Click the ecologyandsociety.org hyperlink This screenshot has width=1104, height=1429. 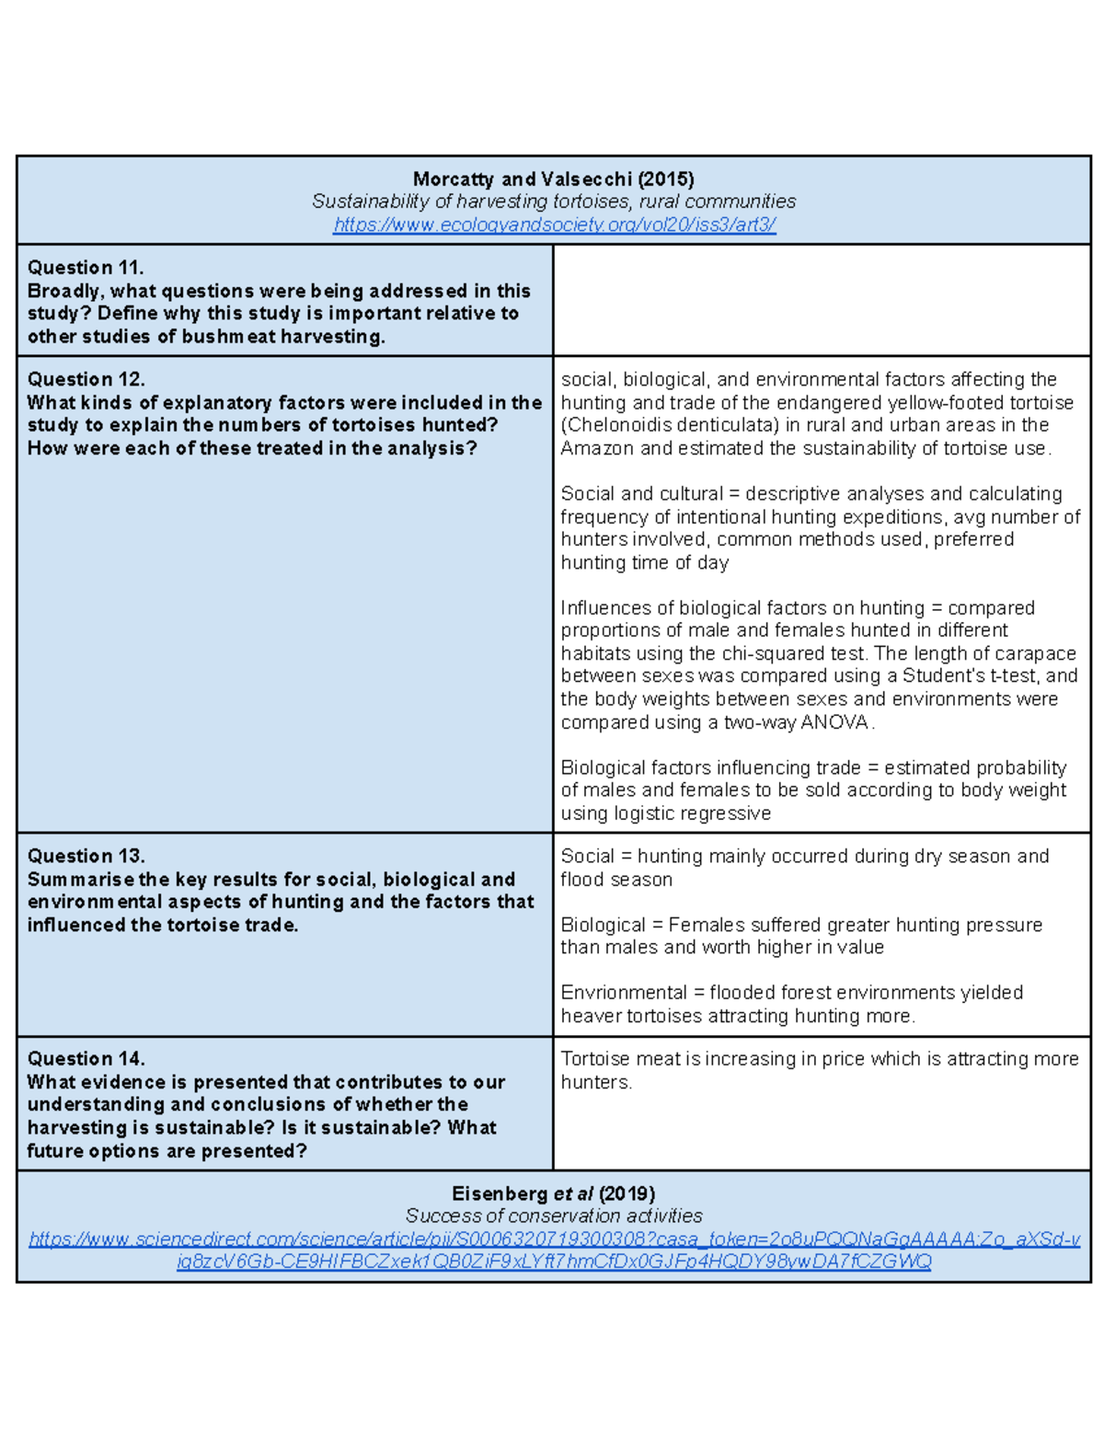554,225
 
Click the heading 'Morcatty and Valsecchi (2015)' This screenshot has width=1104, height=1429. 553,179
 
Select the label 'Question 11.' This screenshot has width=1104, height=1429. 86,268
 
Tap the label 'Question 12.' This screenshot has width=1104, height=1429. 86,379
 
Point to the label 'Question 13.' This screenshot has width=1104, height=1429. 86,856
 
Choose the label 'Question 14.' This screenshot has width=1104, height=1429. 86,1058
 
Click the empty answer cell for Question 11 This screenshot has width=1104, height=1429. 821,300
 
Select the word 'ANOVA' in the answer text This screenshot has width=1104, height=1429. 834,722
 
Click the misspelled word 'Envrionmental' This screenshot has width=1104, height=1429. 624,993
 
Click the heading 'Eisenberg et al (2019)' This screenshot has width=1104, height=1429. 553,1193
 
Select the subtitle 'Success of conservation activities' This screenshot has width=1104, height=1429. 553,1216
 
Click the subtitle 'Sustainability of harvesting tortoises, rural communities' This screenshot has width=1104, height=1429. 553,202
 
